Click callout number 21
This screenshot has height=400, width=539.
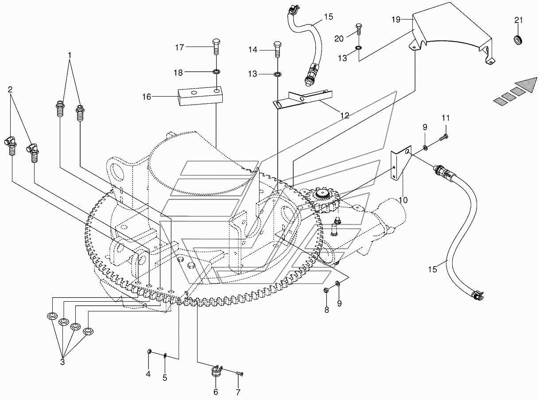click(x=518, y=20)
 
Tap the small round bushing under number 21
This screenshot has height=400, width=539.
click(x=518, y=40)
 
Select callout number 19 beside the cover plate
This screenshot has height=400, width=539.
click(x=396, y=19)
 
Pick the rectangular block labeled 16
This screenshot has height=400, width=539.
click(x=199, y=96)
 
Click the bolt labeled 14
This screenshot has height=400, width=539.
click(x=277, y=50)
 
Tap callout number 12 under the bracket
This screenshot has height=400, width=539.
click(x=345, y=116)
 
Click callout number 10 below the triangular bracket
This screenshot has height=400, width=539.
click(x=403, y=200)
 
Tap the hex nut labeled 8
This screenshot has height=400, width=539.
click(x=326, y=290)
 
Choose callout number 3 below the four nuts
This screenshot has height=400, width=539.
click(x=62, y=362)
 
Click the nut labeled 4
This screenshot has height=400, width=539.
click(x=150, y=351)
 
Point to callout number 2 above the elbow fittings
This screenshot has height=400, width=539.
click(x=10, y=89)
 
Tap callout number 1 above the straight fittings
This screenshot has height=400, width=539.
click(x=70, y=55)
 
